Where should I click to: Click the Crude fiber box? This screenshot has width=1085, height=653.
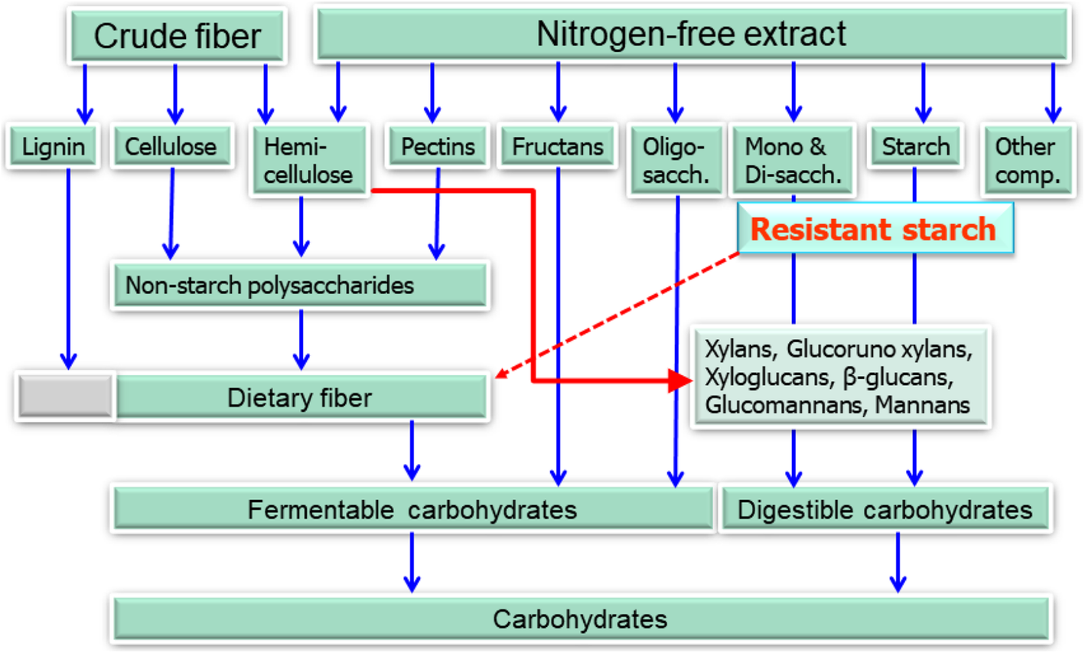coord(177,35)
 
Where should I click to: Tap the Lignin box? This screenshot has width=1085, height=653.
coord(53,146)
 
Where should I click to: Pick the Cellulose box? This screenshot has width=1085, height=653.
coord(171,146)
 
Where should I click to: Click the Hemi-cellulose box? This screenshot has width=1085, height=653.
coord(308,160)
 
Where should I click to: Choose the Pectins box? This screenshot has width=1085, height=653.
coord(438,146)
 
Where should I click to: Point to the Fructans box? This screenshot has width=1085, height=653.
coord(558,146)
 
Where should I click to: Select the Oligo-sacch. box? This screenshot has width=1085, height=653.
coord(675,160)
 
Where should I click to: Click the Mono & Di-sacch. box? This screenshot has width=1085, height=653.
coord(792,160)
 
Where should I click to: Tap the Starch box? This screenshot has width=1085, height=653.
coord(915,146)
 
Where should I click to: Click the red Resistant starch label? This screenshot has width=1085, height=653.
coord(874,229)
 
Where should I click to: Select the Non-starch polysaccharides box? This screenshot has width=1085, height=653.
coord(299,286)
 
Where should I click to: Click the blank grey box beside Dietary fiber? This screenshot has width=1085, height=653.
coord(66,397)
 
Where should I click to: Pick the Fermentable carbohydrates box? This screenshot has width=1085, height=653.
coord(412,509)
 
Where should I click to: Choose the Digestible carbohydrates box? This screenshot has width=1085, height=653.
coord(885,509)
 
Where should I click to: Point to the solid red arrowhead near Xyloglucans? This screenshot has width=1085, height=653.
coord(679,380)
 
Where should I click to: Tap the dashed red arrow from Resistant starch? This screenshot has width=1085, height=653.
coord(620,314)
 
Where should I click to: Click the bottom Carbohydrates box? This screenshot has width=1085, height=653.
coord(580,619)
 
